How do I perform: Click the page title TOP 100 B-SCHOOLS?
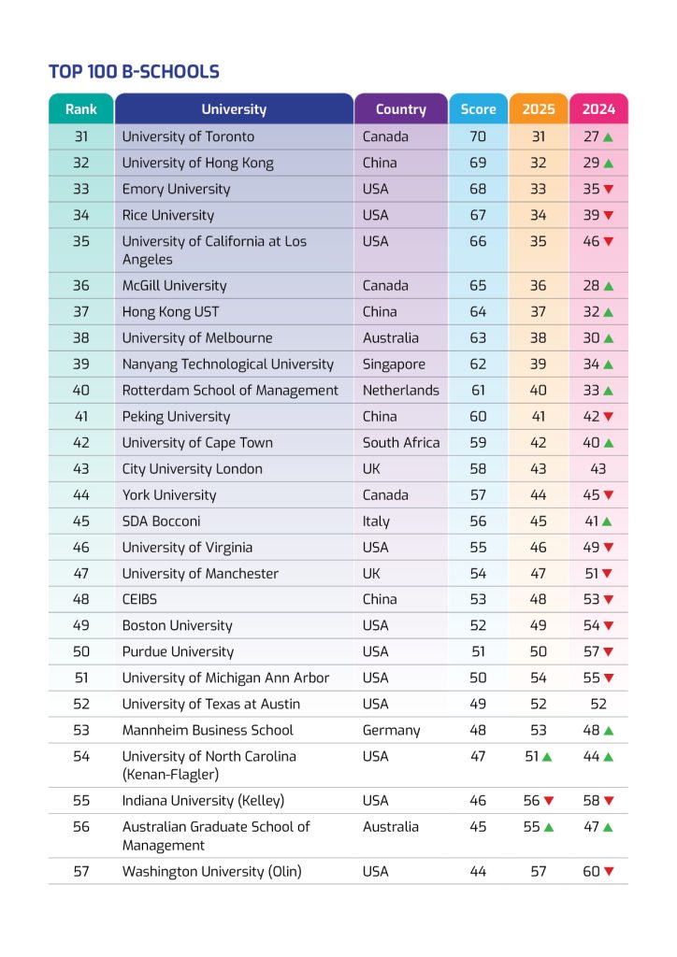click(134, 72)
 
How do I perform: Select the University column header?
click(234, 109)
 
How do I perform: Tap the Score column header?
click(478, 109)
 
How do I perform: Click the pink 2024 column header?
click(598, 109)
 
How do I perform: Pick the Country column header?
click(400, 109)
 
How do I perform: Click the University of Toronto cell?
click(188, 136)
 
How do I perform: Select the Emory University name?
click(176, 189)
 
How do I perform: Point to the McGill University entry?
click(174, 286)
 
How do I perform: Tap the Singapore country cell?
click(394, 364)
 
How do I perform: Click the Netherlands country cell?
click(400, 391)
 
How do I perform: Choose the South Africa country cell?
click(401, 443)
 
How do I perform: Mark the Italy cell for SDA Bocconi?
click(376, 521)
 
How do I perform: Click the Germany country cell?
click(391, 730)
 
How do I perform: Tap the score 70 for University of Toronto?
click(478, 136)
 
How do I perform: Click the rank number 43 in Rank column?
click(81, 469)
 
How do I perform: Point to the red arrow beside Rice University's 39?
click(609, 216)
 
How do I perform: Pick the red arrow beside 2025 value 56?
click(549, 801)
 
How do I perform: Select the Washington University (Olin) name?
click(211, 872)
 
